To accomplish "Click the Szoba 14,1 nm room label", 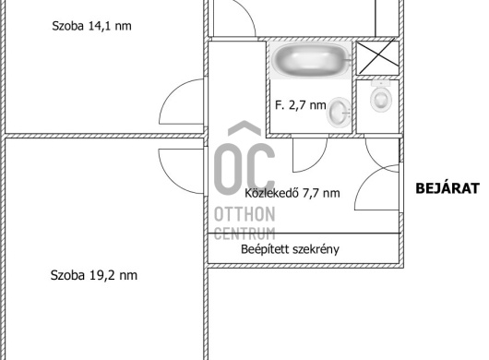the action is [91, 26].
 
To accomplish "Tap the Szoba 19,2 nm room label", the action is [94, 275].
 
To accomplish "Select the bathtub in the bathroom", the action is [311, 60].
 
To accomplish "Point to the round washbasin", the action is [339, 113].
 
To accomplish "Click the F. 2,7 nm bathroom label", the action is [301, 105].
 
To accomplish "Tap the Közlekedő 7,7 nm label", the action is [292, 193].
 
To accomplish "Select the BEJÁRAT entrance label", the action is [447, 188].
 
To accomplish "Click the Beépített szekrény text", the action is [290, 249].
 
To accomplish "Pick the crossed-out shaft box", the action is [377, 58].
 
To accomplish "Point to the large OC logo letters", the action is [244, 169].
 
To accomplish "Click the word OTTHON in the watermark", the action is [244, 214].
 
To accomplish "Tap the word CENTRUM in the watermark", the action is [244, 234].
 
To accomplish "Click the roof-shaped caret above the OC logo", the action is [244, 127].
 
